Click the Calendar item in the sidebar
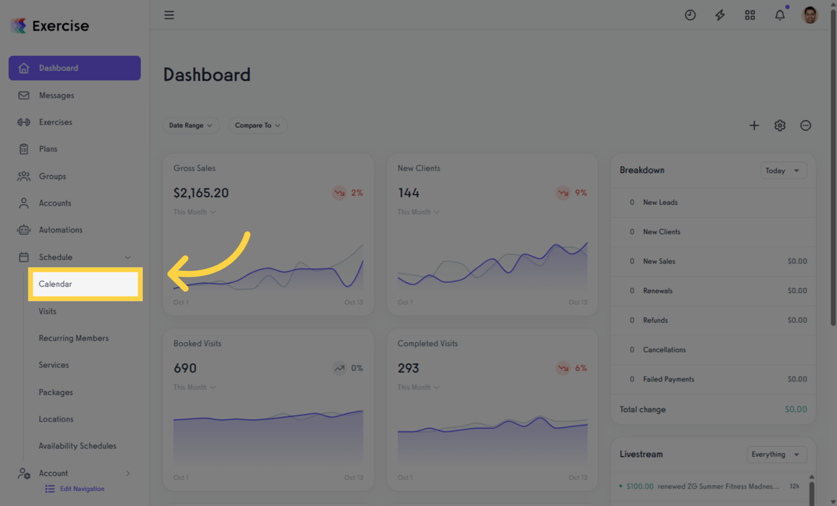click(56, 284)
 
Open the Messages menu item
click(56, 96)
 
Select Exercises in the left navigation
click(55, 122)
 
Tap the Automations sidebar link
click(61, 230)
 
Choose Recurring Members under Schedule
click(74, 338)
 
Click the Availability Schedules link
click(78, 446)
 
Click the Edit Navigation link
click(82, 489)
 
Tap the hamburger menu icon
click(169, 14)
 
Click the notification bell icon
click(780, 14)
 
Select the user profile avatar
click(810, 14)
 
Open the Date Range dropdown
click(191, 125)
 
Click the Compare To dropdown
click(257, 125)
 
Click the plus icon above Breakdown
click(754, 125)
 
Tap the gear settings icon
click(780, 125)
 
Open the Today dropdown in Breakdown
click(783, 171)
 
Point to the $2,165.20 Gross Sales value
click(201, 193)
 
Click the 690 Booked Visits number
click(185, 368)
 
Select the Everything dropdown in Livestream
click(776, 455)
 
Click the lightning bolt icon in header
click(720, 14)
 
